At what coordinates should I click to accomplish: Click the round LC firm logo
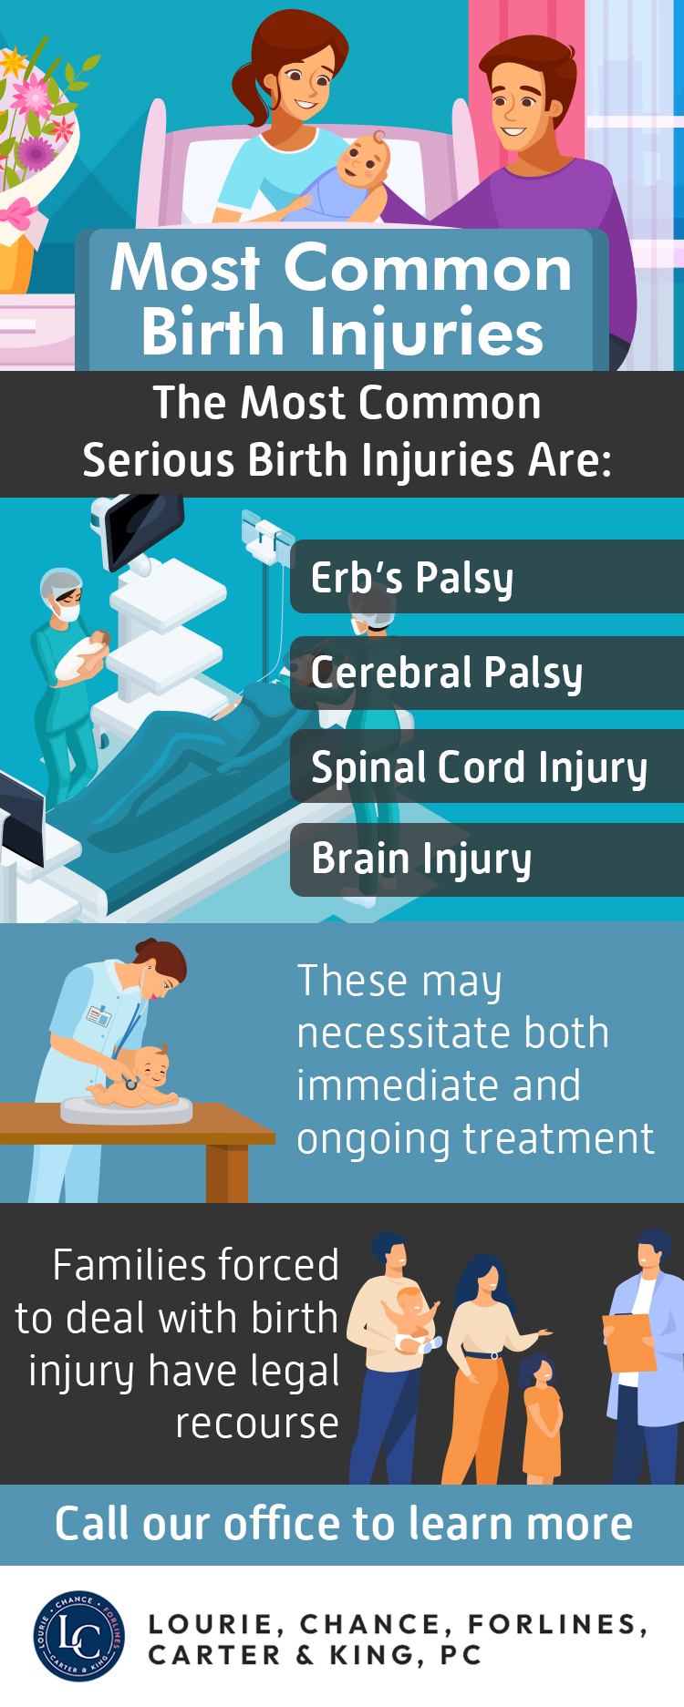tap(79, 1637)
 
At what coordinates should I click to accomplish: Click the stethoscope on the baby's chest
tap(130, 1083)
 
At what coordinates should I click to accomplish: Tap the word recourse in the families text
tap(257, 1424)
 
